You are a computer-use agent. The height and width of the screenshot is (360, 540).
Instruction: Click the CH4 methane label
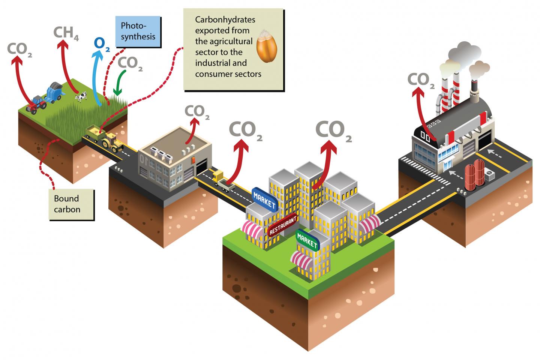pos(66,33)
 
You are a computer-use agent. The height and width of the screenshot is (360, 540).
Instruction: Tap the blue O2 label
pos(101,44)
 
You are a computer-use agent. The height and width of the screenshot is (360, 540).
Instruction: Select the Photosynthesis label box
pos(138,31)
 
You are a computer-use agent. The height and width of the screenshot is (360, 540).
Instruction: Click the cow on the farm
pos(81,97)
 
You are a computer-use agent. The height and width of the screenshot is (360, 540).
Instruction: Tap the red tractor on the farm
pos(37,104)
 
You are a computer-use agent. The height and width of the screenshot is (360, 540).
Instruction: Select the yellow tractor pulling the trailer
pos(112,142)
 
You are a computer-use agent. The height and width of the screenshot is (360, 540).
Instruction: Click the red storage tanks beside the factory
pos(473,174)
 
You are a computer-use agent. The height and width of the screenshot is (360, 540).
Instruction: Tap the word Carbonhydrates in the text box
pos(220,19)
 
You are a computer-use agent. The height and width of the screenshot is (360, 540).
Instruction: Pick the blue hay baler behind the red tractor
pos(55,92)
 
